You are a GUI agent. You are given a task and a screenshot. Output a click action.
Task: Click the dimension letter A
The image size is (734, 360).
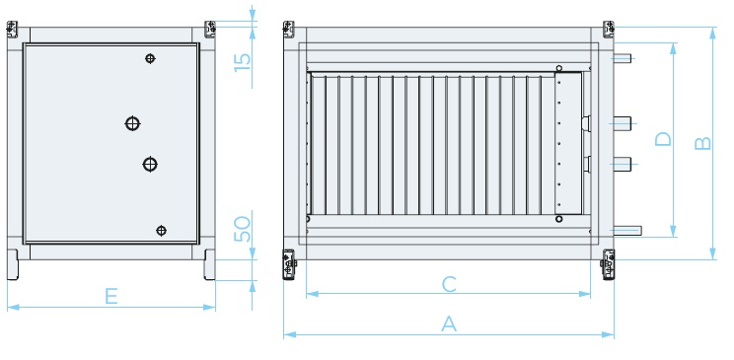pos(449,324)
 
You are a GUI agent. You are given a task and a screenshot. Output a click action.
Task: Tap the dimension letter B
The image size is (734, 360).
pos(703,143)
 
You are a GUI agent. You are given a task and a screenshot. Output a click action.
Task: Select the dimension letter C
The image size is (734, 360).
pos(449,284)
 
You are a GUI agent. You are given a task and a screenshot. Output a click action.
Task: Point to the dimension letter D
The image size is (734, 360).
pos(663,139)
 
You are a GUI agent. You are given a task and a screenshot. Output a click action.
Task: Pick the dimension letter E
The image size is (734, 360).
pos(110,296)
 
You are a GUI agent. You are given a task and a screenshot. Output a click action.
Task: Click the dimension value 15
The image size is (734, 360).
pos(243,62)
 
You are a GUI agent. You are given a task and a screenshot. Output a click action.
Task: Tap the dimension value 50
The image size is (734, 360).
pos(243,229)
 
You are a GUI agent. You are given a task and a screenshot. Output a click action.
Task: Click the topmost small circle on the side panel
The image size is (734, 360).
pos(150,58)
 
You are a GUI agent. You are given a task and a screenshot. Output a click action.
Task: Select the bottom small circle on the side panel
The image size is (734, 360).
pos(161,231)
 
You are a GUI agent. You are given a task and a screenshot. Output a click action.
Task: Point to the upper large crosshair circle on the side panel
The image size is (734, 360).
pos(132,123)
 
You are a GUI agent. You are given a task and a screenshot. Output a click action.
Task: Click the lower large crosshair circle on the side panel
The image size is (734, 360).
pos(150,165)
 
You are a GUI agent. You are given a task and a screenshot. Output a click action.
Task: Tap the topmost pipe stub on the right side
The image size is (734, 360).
pos(623,58)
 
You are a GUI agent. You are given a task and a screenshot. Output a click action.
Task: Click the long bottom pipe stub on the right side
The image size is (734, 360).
pos(627,231)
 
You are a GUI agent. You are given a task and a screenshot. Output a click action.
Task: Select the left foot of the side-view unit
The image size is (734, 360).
pos(13,264)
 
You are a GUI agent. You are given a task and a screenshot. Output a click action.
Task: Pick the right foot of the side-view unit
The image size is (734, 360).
pos(210,264)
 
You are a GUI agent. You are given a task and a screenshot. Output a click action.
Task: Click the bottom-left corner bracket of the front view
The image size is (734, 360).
pos(289,264)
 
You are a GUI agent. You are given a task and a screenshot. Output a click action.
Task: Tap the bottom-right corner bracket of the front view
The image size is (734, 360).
pos(608,264)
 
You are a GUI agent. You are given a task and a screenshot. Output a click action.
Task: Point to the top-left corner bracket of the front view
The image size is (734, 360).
pos(289,29)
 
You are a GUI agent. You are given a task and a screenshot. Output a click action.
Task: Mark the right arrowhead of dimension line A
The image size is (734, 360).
pos(608,334)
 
